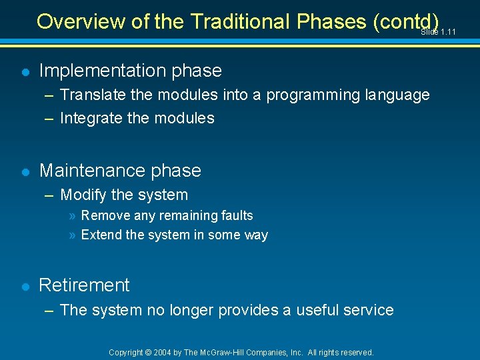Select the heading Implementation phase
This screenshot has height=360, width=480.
(x=131, y=70)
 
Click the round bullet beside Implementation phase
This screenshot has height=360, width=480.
(x=25, y=71)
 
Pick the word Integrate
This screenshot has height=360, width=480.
(x=91, y=118)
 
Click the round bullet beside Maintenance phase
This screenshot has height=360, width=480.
(x=25, y=171)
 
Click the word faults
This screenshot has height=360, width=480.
(x=238, y=215)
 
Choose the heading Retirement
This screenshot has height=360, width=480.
(x=84, y=285)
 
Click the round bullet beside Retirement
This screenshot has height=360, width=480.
(x=25, y=285)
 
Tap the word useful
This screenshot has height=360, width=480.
(x=319, y=310)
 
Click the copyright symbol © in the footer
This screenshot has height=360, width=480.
(x=149, y=352)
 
